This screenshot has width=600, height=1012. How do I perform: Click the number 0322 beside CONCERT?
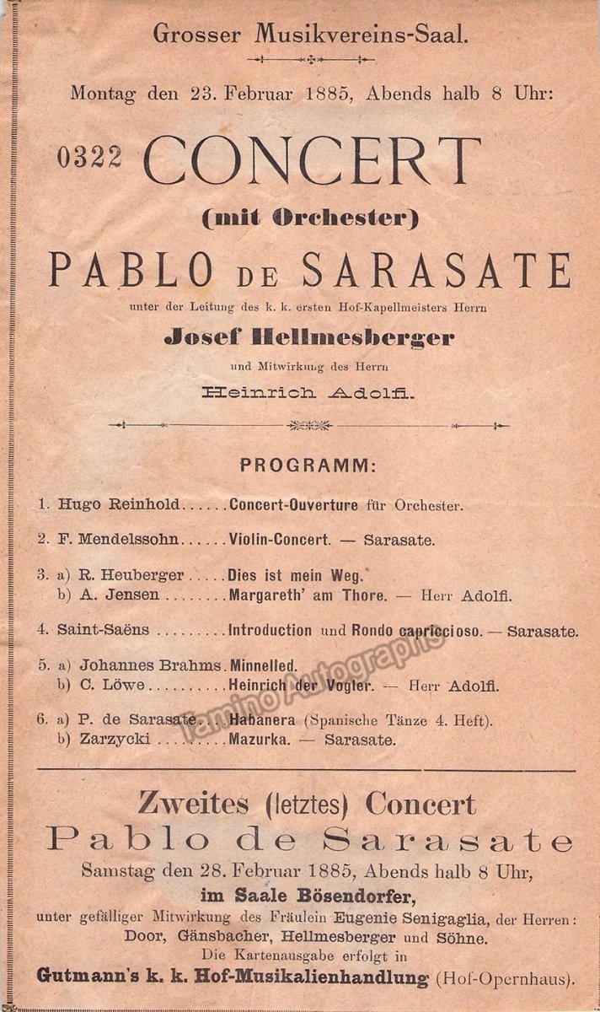pyautogui.click(x=90, y=157)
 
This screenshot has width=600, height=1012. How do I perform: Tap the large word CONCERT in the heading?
pyautogui.click(x=312, y=160)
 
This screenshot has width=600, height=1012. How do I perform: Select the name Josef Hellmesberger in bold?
pyautogui.click(x=308, y=338)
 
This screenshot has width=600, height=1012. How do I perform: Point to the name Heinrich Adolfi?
pyautogui.click(x=308, y=392)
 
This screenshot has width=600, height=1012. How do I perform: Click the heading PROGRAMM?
pyautogui.click(x=308, y=465)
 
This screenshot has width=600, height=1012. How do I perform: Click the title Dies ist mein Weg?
pyautogui.click(x=295, y=576)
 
